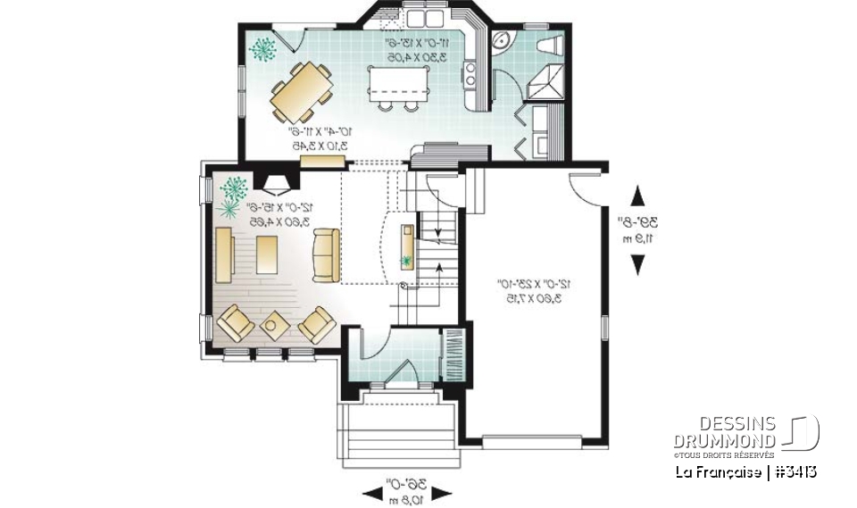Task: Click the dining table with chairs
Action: click(303, 90)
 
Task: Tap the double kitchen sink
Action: click(426, 17)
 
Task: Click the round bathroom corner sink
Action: click(501, 40)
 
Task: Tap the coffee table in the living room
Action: click(267, 254)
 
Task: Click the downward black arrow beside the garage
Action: click(637, 264)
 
